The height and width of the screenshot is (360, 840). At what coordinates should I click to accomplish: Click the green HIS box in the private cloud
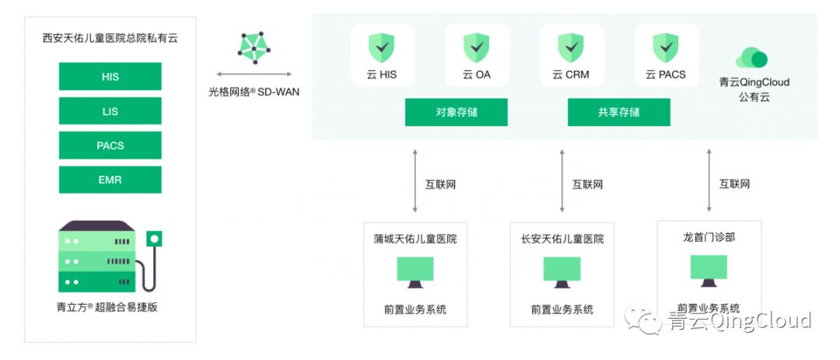pos(110,76)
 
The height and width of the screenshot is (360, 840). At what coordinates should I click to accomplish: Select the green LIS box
pos(110,111)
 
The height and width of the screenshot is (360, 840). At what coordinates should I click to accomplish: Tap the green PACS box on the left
pos(110,145)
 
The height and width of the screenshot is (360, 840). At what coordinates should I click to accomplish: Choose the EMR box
pos(110,180)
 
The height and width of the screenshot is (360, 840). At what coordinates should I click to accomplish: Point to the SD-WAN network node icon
pos(255,47)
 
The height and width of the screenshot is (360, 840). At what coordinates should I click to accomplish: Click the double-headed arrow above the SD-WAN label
pos(254,74)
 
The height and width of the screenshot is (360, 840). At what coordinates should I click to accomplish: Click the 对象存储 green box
pos(456,113)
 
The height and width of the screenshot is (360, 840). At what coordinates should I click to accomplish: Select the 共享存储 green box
pos(619,113)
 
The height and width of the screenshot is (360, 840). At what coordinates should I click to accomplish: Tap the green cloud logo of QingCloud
pos(751,58)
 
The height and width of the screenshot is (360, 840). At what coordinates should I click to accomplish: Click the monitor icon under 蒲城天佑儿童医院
pos(415,272)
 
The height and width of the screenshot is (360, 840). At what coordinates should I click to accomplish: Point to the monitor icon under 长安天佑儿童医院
pos(562,272)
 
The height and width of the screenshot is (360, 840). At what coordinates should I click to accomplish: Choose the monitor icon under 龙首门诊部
pos(709,271)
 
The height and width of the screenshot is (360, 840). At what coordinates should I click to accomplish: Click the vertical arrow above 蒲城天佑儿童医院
pos(415,180)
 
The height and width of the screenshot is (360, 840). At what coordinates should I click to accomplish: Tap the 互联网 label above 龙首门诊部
pos(734,184)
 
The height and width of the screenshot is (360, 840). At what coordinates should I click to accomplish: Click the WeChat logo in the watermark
pos(643,320)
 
